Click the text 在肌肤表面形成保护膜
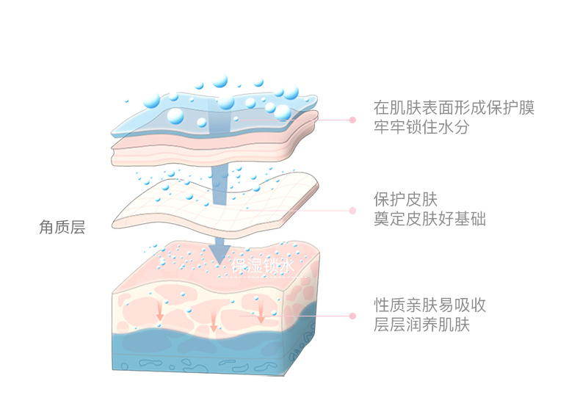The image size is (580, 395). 453,107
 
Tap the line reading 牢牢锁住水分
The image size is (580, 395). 421,127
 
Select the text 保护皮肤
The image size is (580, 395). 405,199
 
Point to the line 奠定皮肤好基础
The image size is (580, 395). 429,219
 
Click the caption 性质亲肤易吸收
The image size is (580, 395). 429,305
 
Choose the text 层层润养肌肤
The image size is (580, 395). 421,325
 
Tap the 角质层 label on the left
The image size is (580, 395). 62,228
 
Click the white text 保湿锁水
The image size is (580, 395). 262,266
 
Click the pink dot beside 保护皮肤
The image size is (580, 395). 352,210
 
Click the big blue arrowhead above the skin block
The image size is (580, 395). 218,253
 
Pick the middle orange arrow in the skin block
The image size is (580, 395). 214,321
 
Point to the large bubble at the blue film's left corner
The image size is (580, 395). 176,116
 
